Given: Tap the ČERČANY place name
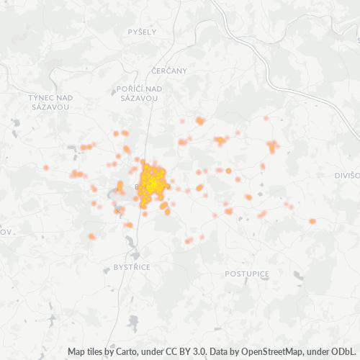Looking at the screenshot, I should (170, 71).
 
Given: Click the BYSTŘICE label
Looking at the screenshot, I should (132, 266).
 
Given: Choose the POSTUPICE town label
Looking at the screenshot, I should (246, 274).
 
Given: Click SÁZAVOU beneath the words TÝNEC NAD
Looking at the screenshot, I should (50, 106).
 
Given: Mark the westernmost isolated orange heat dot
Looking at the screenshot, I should (45, 168).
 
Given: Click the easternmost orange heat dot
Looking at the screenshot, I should (312, 221).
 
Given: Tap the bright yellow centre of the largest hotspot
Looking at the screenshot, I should (152, 182).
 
